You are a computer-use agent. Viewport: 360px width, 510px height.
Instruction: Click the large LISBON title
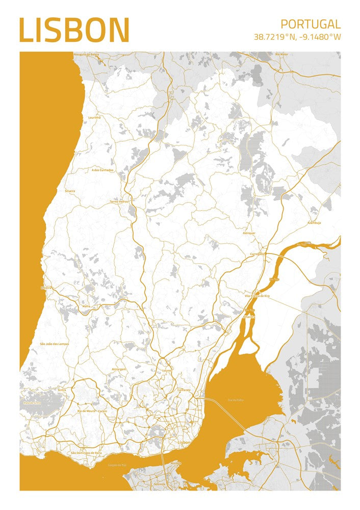click(x=74, y=30)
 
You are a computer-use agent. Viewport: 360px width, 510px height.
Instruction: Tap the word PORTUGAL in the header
click(x=311, y=24)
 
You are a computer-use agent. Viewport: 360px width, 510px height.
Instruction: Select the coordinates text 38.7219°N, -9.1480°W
click(x=297, y=37)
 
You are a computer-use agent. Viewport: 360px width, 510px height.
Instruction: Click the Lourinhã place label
click(x=94, y=117)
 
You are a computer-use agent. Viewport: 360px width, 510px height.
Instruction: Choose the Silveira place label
click(x=70, y=191)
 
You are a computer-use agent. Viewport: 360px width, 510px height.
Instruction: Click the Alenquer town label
click(x=249, y=233)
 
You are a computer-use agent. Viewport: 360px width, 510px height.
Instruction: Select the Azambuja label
click(x=314, y=223)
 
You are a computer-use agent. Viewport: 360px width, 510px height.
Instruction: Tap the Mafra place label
click(x=86, y=306)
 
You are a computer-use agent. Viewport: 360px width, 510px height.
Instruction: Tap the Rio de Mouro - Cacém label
click(x=93, y=411)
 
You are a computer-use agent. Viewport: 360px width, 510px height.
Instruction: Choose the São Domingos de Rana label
click(x=86, y=452)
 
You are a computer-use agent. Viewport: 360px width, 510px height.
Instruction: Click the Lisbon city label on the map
click(x=184, y=443)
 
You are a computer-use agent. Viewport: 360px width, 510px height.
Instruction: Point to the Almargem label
click(x=118, y=368)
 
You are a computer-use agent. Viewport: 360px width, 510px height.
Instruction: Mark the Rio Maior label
click(x=281, y=54)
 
